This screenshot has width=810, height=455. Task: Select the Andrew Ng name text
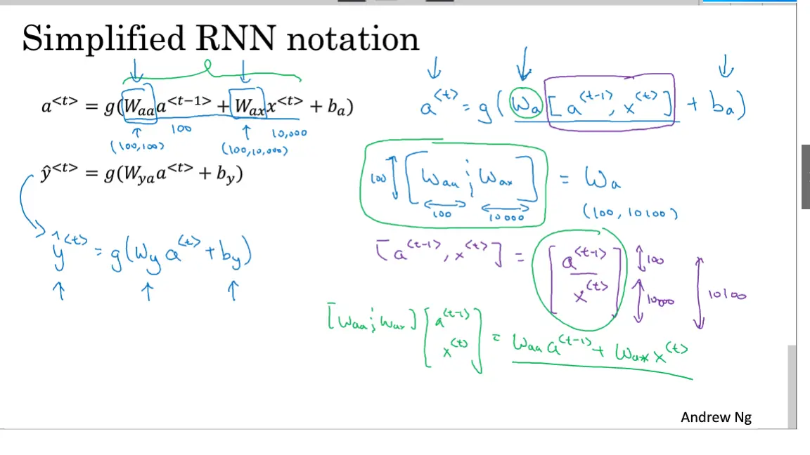pos(716,417)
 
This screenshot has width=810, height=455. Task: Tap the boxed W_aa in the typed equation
pos(138,106)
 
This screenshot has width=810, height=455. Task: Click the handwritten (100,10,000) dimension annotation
pos(254,149)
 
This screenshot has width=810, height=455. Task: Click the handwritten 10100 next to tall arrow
pos(728,296)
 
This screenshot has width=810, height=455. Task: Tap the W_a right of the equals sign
pos(602,180)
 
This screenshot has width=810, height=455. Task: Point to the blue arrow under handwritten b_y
pos(233,290)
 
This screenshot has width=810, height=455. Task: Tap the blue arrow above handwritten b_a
pos(726,69)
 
